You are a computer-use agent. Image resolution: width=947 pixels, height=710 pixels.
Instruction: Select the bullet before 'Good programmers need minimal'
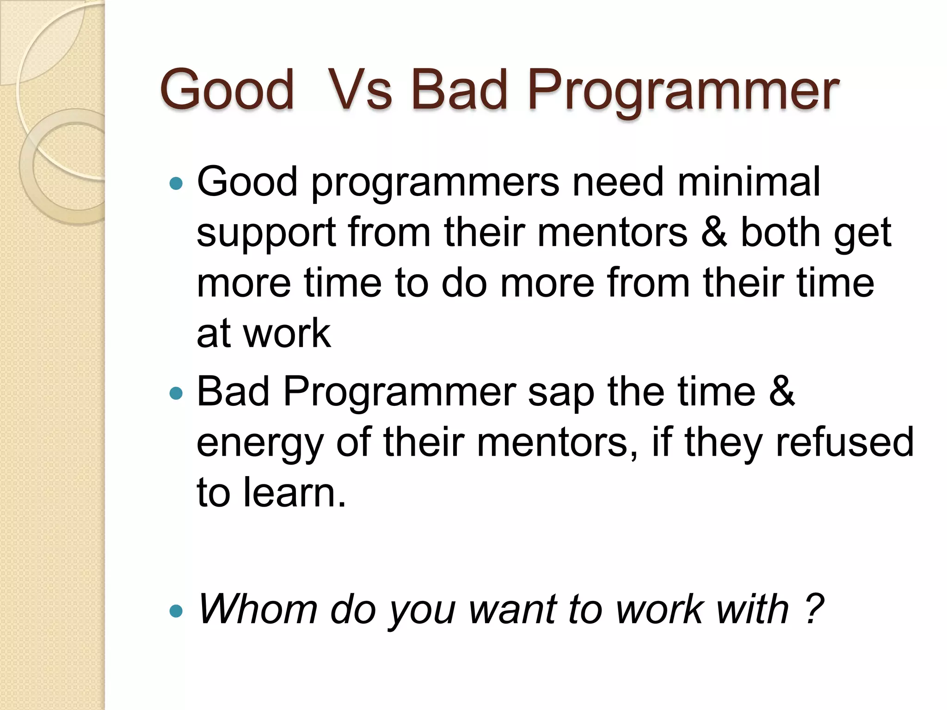176,184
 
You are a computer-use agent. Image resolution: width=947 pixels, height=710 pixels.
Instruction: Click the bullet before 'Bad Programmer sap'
176,393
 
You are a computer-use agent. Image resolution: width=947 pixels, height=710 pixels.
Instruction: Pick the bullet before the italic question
176,612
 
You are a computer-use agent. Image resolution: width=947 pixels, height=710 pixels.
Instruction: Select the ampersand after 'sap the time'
782,391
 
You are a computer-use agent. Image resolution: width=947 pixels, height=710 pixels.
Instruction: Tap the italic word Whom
257,609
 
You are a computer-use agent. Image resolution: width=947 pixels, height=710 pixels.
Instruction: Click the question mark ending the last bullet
814,609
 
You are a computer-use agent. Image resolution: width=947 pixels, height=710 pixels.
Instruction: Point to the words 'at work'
264,333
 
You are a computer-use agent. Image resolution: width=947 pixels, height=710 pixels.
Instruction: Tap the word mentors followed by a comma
557,442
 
